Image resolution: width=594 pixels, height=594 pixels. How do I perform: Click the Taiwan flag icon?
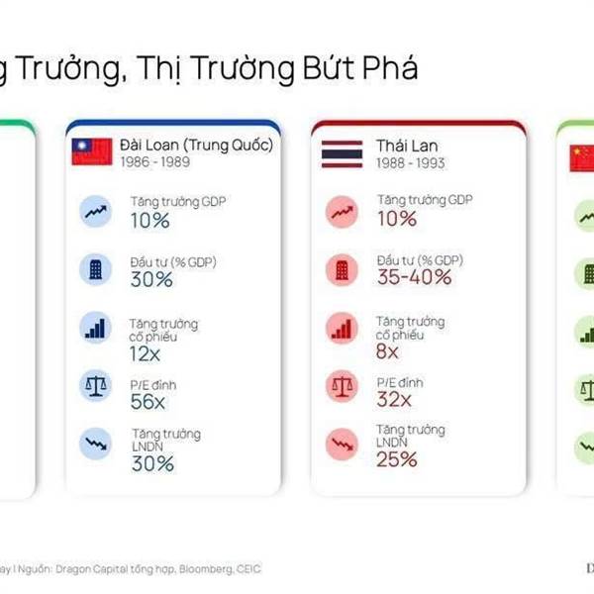pos(92,152)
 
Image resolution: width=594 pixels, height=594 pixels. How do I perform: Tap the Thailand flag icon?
pos(342,152)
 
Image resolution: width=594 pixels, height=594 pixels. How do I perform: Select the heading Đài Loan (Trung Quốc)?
pos(196,146)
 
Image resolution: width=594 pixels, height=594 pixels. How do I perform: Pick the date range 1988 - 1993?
pos(404,161)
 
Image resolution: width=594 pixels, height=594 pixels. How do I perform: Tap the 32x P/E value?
pos(394,400)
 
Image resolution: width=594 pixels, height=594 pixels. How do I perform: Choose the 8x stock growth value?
pos(387,351)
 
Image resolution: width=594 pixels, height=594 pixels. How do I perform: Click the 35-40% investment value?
pos(415,277)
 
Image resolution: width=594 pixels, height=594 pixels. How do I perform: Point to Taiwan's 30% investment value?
pos(151,280)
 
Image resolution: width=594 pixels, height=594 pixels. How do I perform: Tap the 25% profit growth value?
pos(397,458)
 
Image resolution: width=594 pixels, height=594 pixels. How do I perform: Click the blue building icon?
pos(95,268)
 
